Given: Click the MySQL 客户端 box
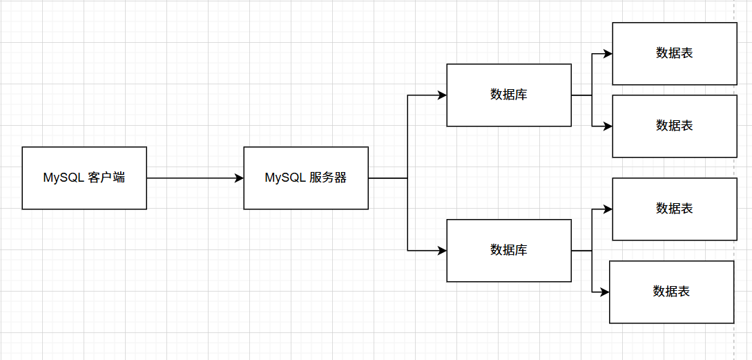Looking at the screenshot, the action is (x=84, y=178).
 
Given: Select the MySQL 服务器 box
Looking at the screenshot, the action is (x=306, y=178).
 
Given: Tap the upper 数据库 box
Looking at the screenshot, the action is (x=509, y=95).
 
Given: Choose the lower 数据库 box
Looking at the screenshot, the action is (x=509, y=251).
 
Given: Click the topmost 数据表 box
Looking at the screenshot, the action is (x=675, y=53).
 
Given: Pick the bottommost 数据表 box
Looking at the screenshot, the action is (x=671, y=292).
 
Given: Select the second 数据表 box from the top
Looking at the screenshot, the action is (x=675, y=126).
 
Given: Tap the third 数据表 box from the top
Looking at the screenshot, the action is (x=675, y=209).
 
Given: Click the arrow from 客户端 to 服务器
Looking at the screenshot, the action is (x=195, y=178).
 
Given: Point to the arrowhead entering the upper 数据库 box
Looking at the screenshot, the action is (x=442, y=95).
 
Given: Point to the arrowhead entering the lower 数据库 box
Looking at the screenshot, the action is (x=442, y=251).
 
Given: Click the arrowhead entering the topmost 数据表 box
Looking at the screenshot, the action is (x=608, y=54).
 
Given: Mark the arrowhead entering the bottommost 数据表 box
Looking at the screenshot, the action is (x=605, y=292).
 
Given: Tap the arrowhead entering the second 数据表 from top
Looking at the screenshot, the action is (x=608, y=126).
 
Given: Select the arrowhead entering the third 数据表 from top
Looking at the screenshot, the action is (x=608, y=209).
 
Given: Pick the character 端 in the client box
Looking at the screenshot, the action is (x=119, y=178).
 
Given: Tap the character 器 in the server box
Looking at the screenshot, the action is (x=341, y=178).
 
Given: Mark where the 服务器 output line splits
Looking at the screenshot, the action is (x=407, y=178).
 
